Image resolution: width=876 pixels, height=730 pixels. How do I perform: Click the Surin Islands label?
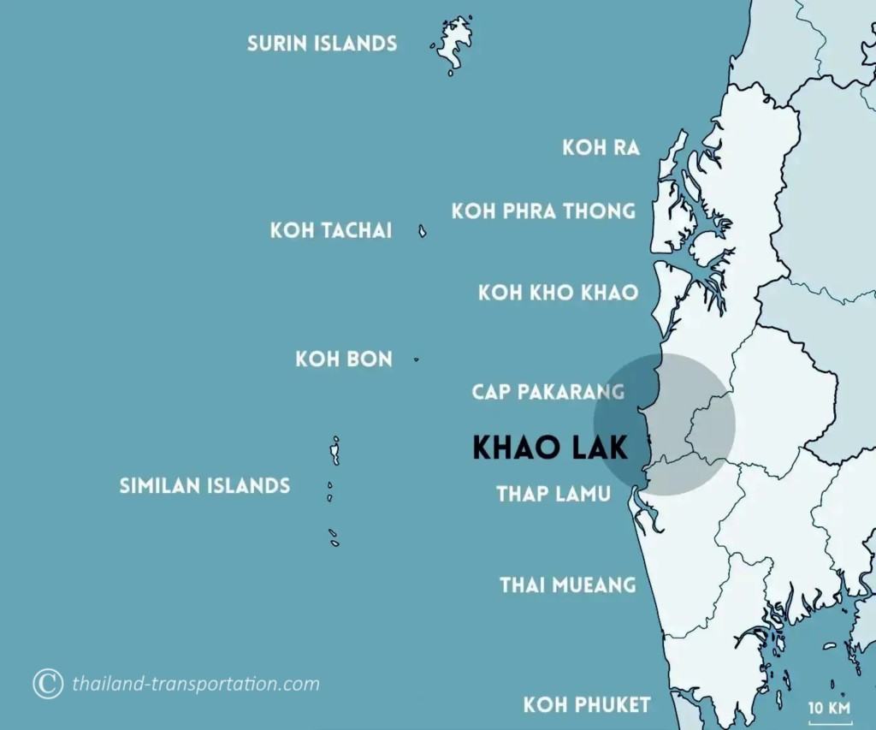(x=322, y=43)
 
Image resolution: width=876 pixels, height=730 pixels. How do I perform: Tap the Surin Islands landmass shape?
(x=453, y=43)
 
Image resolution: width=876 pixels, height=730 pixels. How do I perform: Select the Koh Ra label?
(x=601, y=147)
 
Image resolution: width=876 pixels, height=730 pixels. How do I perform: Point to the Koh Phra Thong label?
(x=543, y=211)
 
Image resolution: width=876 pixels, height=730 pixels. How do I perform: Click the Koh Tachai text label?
(x=331, y=230)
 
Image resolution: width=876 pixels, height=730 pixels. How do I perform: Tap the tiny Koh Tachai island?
(x=422, y=231)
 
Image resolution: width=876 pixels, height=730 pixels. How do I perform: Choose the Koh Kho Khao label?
(x=558, y=293)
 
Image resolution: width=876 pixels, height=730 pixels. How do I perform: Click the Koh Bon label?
(x=344, y=359)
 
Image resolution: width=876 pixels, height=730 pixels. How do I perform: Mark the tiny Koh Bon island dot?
(x=417, y=359)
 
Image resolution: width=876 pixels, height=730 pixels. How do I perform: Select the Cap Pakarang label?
(x=547, y=392)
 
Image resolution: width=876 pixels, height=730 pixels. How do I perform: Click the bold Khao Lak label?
(x=550, y=447)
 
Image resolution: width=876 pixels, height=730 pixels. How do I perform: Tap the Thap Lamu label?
(x=553, y=494)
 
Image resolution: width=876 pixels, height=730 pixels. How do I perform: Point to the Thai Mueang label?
(x=568, y=585)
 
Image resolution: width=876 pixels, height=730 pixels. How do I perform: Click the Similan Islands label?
(x=204, y=486)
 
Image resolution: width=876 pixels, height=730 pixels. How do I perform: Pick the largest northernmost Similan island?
(x=336, y=450)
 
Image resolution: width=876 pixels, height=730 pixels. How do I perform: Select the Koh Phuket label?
(x=587, y=705)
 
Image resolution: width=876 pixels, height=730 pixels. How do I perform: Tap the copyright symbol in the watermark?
(x=48, y=683)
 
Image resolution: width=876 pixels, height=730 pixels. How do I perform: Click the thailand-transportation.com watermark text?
(x=196, y=684)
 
